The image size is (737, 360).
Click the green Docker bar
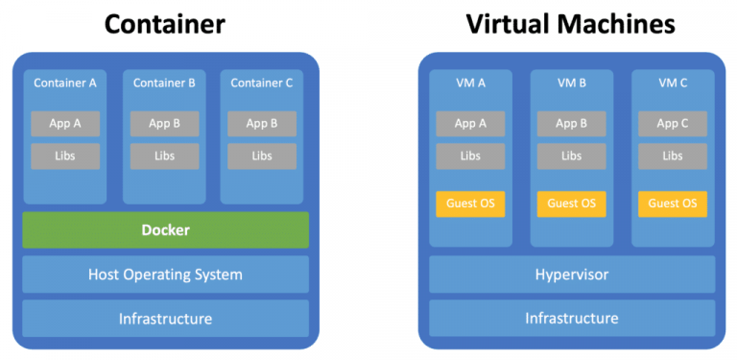[165, 230]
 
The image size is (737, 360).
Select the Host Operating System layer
[165, 275]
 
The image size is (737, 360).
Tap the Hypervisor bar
[572, 275]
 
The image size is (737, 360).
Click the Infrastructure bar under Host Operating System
[165, 319]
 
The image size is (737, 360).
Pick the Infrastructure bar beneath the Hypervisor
[572, 319]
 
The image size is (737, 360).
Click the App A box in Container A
[65, 124]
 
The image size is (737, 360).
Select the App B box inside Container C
[262, 124]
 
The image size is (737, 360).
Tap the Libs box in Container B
[164, 156]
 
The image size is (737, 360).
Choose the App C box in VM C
[673, 124]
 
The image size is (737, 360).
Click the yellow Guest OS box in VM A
[470, 204]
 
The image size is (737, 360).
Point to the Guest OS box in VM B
[572, 204]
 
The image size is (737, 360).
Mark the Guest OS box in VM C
[673, 204]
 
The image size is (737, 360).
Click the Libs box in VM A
[470, 156]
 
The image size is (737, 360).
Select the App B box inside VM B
[572, 124]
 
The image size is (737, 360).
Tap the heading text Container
[164, 23]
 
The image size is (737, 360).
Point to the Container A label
[65, 83]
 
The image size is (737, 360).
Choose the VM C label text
[673, 83]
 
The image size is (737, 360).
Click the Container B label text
[164, 83]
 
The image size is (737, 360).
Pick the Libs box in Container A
[65, 156]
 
